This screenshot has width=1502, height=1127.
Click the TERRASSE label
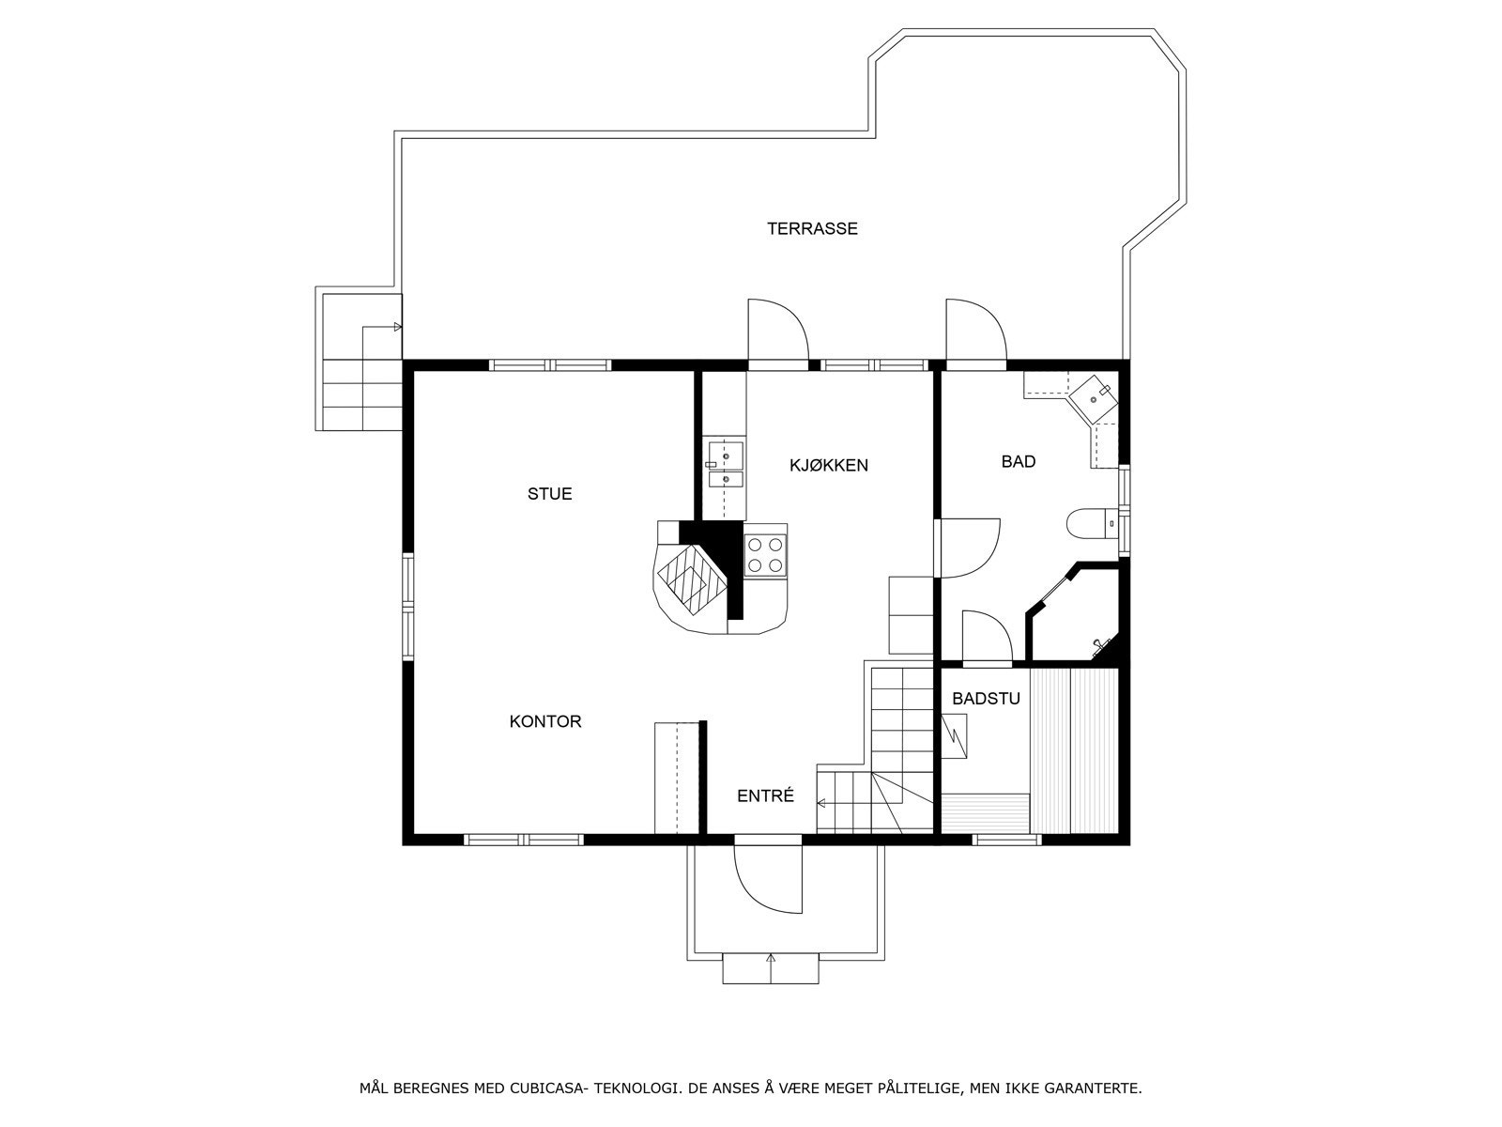tap(812, 228)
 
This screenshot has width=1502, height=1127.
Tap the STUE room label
tap(549, 493)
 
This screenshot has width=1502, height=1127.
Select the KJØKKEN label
tap(829, 465)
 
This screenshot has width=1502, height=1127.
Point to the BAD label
tap(1019, 462)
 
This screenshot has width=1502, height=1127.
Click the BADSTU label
tap(986, 699)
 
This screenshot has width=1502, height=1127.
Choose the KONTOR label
tap(545, 721)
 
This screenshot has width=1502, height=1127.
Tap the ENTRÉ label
tap(766, 795)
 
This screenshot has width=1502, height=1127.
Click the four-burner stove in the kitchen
tap(765, 556)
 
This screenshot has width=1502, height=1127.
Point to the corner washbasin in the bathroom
tap(1093, 397)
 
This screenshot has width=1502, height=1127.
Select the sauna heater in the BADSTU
tap(954, 736)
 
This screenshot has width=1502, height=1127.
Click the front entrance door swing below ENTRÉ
tap(767, 879)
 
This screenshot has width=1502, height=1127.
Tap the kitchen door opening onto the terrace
tap(778, 330)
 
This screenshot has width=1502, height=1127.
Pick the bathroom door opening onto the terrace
tap(975, 330)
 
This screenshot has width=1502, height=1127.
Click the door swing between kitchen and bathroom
tap(966, 548)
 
